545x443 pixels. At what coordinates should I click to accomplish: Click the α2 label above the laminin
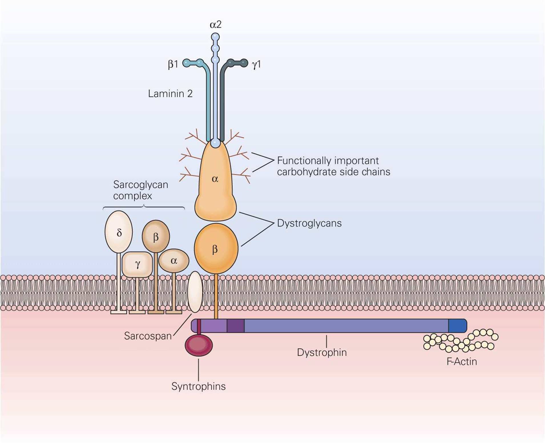coord(215,25)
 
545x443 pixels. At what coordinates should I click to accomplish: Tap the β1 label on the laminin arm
coord(173,64)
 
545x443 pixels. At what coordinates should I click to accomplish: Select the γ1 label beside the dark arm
coord(256,64)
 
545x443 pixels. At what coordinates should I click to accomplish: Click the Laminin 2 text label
coord(170,94)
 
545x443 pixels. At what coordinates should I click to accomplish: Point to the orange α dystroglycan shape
coord(215,183)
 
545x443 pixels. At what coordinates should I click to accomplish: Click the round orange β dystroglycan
coord(216,248)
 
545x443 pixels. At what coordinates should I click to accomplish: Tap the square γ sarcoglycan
coord(137,264)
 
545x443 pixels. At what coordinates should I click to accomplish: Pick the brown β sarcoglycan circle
coord(156,236)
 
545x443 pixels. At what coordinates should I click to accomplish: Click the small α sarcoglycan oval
coord(174,260)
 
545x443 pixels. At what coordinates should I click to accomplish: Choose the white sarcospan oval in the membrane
coord(195,292)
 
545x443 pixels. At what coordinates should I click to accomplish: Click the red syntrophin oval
coord(199,345)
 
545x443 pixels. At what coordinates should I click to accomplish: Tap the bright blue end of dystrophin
coord(457,326)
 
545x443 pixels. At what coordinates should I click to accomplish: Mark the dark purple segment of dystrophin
coord(235,326)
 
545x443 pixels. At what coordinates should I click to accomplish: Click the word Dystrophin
coord(322,352)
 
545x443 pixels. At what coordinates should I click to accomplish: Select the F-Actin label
coord(461,362)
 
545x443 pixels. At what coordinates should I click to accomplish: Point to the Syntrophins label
coord(198,386)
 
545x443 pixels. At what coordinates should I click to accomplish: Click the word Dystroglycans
coord(309,223)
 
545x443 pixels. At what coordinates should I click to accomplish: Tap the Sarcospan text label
coord(148,336)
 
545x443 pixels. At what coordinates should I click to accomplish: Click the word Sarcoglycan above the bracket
coord(141,185)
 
